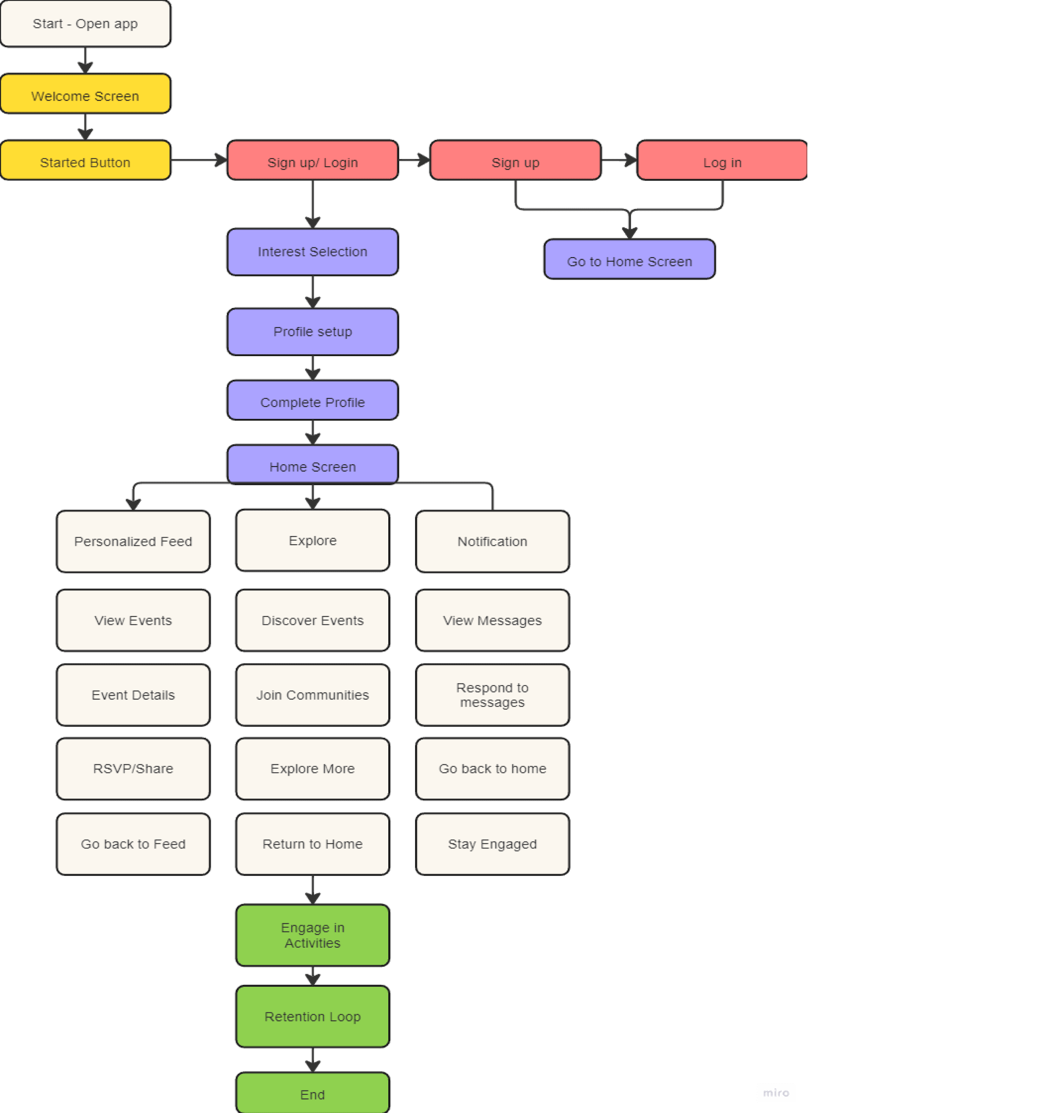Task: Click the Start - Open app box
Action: [x=85, y=24]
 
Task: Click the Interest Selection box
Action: [x=313, y=252]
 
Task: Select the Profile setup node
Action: [x=313, y=332]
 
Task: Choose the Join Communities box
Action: [x=313, y=695]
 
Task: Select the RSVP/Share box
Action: [x=133, y=768]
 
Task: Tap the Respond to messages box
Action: [x=492, y=695]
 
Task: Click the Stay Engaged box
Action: [x=492, y=844]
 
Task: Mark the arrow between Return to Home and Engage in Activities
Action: [x=313, y=889]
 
